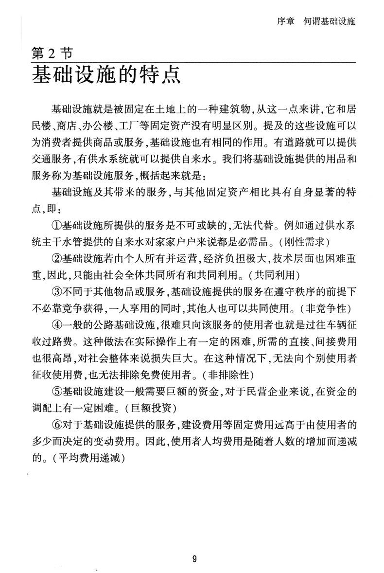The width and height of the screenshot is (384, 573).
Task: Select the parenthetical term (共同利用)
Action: tap(268, 275)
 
